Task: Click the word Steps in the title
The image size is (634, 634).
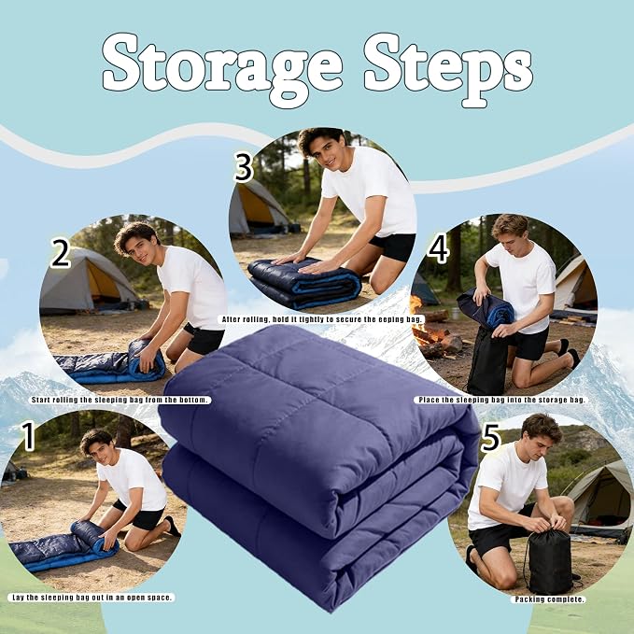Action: pyautogui.click(x=448, y=67)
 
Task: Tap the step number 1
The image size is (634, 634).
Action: pyautogui.click(x=28, y=436)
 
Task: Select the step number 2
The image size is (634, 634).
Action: pyautogui.click(x=61, y=253)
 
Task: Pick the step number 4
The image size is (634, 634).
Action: pyautogui.click(x=438, y=250)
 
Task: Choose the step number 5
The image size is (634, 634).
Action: pyautogui.click(x=490, y=438)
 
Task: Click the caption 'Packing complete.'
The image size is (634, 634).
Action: pyautogui.click(x=549, y=599)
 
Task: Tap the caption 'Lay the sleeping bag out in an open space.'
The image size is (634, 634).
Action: pyautogui.click(x=92, y=598)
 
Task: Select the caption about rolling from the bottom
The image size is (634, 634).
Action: pyautogui.click(x=120, y=400)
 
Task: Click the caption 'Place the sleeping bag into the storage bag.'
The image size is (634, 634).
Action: pyautogui.click(x=501, y=400)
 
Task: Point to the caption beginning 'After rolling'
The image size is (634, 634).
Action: pyautogui.click(x=322, y=319)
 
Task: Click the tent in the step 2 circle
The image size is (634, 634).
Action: pyautogui.click(x=89, y=281)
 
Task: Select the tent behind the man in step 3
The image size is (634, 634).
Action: pyautogui.click(x=259, y=207)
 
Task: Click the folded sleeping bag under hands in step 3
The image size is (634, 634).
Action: pyautogui.click(x=304, y=283)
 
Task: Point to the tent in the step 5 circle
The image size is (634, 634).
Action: pyautogui.click(x=599, y=501)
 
